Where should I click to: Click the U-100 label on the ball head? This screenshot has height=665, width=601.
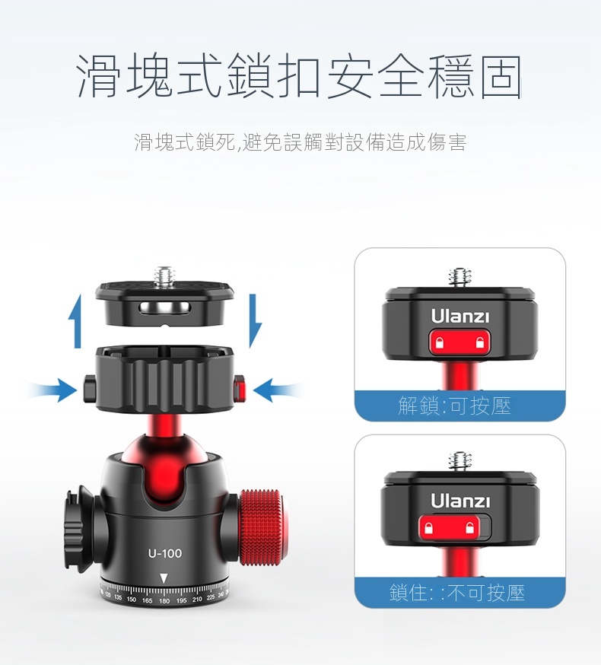[x=164, y=553]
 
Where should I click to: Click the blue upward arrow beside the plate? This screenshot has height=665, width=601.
[x=75, y=321]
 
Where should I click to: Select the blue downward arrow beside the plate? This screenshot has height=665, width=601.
[x=255, y=321]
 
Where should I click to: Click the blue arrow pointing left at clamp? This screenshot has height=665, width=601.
[x=278, y=390]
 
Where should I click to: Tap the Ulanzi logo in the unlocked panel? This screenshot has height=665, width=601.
[x=459, y=316]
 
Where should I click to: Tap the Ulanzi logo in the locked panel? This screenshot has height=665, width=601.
[x=460, y=501]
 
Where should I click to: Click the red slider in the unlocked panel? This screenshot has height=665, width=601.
[x=459, y=342]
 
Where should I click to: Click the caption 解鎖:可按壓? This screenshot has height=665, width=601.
[x=455, y=406]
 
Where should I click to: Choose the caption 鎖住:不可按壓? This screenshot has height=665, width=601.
[x=457, y=593]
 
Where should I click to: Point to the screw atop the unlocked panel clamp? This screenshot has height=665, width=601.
[x=459, y=278]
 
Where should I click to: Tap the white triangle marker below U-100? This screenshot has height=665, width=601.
[x=164, y=578]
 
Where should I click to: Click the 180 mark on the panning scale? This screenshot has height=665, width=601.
[x=164, y=600]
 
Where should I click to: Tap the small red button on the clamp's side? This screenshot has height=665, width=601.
[x=240, y=389]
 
